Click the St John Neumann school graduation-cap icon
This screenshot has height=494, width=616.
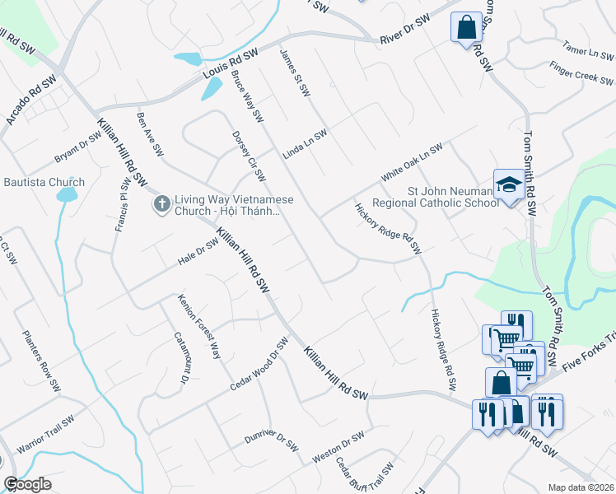[508, 184]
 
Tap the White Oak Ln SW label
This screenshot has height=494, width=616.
[411, 163]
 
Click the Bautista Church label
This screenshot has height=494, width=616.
[44, 182]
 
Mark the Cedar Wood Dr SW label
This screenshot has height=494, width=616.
[259, 364]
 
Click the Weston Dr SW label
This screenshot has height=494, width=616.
[338, 448]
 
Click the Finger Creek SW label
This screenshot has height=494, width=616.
[582, 74]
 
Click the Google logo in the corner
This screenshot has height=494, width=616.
[27, 484]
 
